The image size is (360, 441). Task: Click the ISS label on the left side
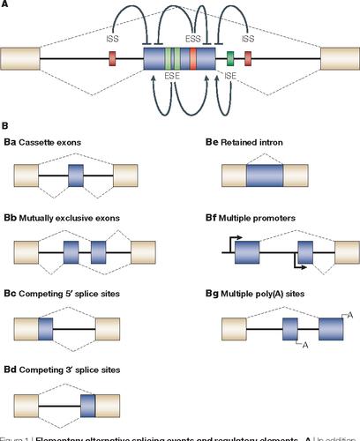111,39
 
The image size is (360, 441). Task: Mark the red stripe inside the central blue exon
193,59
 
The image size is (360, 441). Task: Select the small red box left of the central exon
112,59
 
